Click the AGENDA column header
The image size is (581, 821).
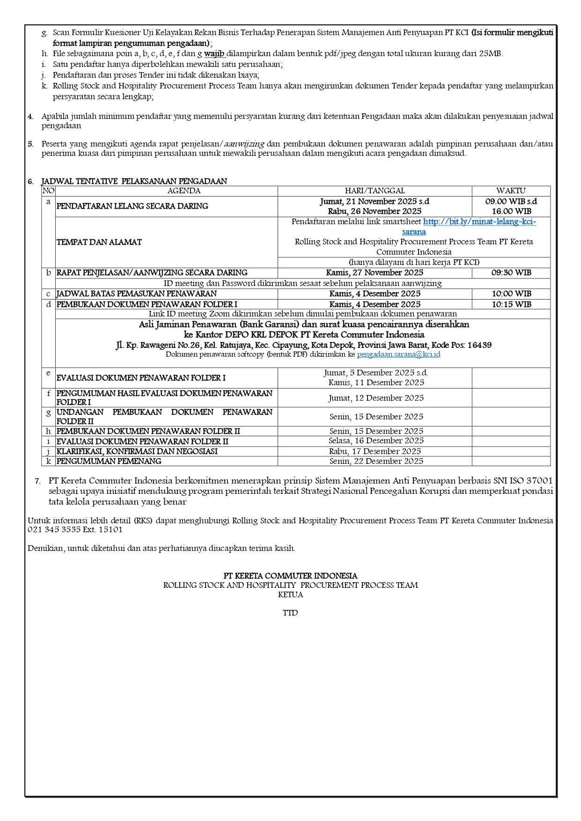[184, 191]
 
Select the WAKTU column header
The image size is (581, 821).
[511, 191]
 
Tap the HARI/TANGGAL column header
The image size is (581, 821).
[375, 191]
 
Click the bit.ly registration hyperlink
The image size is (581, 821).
[479, 222]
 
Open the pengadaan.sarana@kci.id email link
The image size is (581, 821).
[398, 355]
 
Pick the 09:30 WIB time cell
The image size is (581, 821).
[511, 273]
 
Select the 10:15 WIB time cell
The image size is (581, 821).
[511, 305]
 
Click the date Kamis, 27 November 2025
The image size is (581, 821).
[375, 273]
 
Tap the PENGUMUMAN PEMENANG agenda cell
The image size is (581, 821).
[109, 462]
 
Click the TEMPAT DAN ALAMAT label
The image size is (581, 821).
[99, 242]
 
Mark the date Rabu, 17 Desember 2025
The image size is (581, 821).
[375, 452]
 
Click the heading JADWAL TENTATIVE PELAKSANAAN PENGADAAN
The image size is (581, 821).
[134, 182]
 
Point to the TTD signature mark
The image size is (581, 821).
[290, 613]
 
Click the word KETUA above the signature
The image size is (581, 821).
[290, 595]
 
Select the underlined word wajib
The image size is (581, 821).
[214, 54]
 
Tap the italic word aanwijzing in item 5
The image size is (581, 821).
[244, 144]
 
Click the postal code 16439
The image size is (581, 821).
[479, 345]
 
